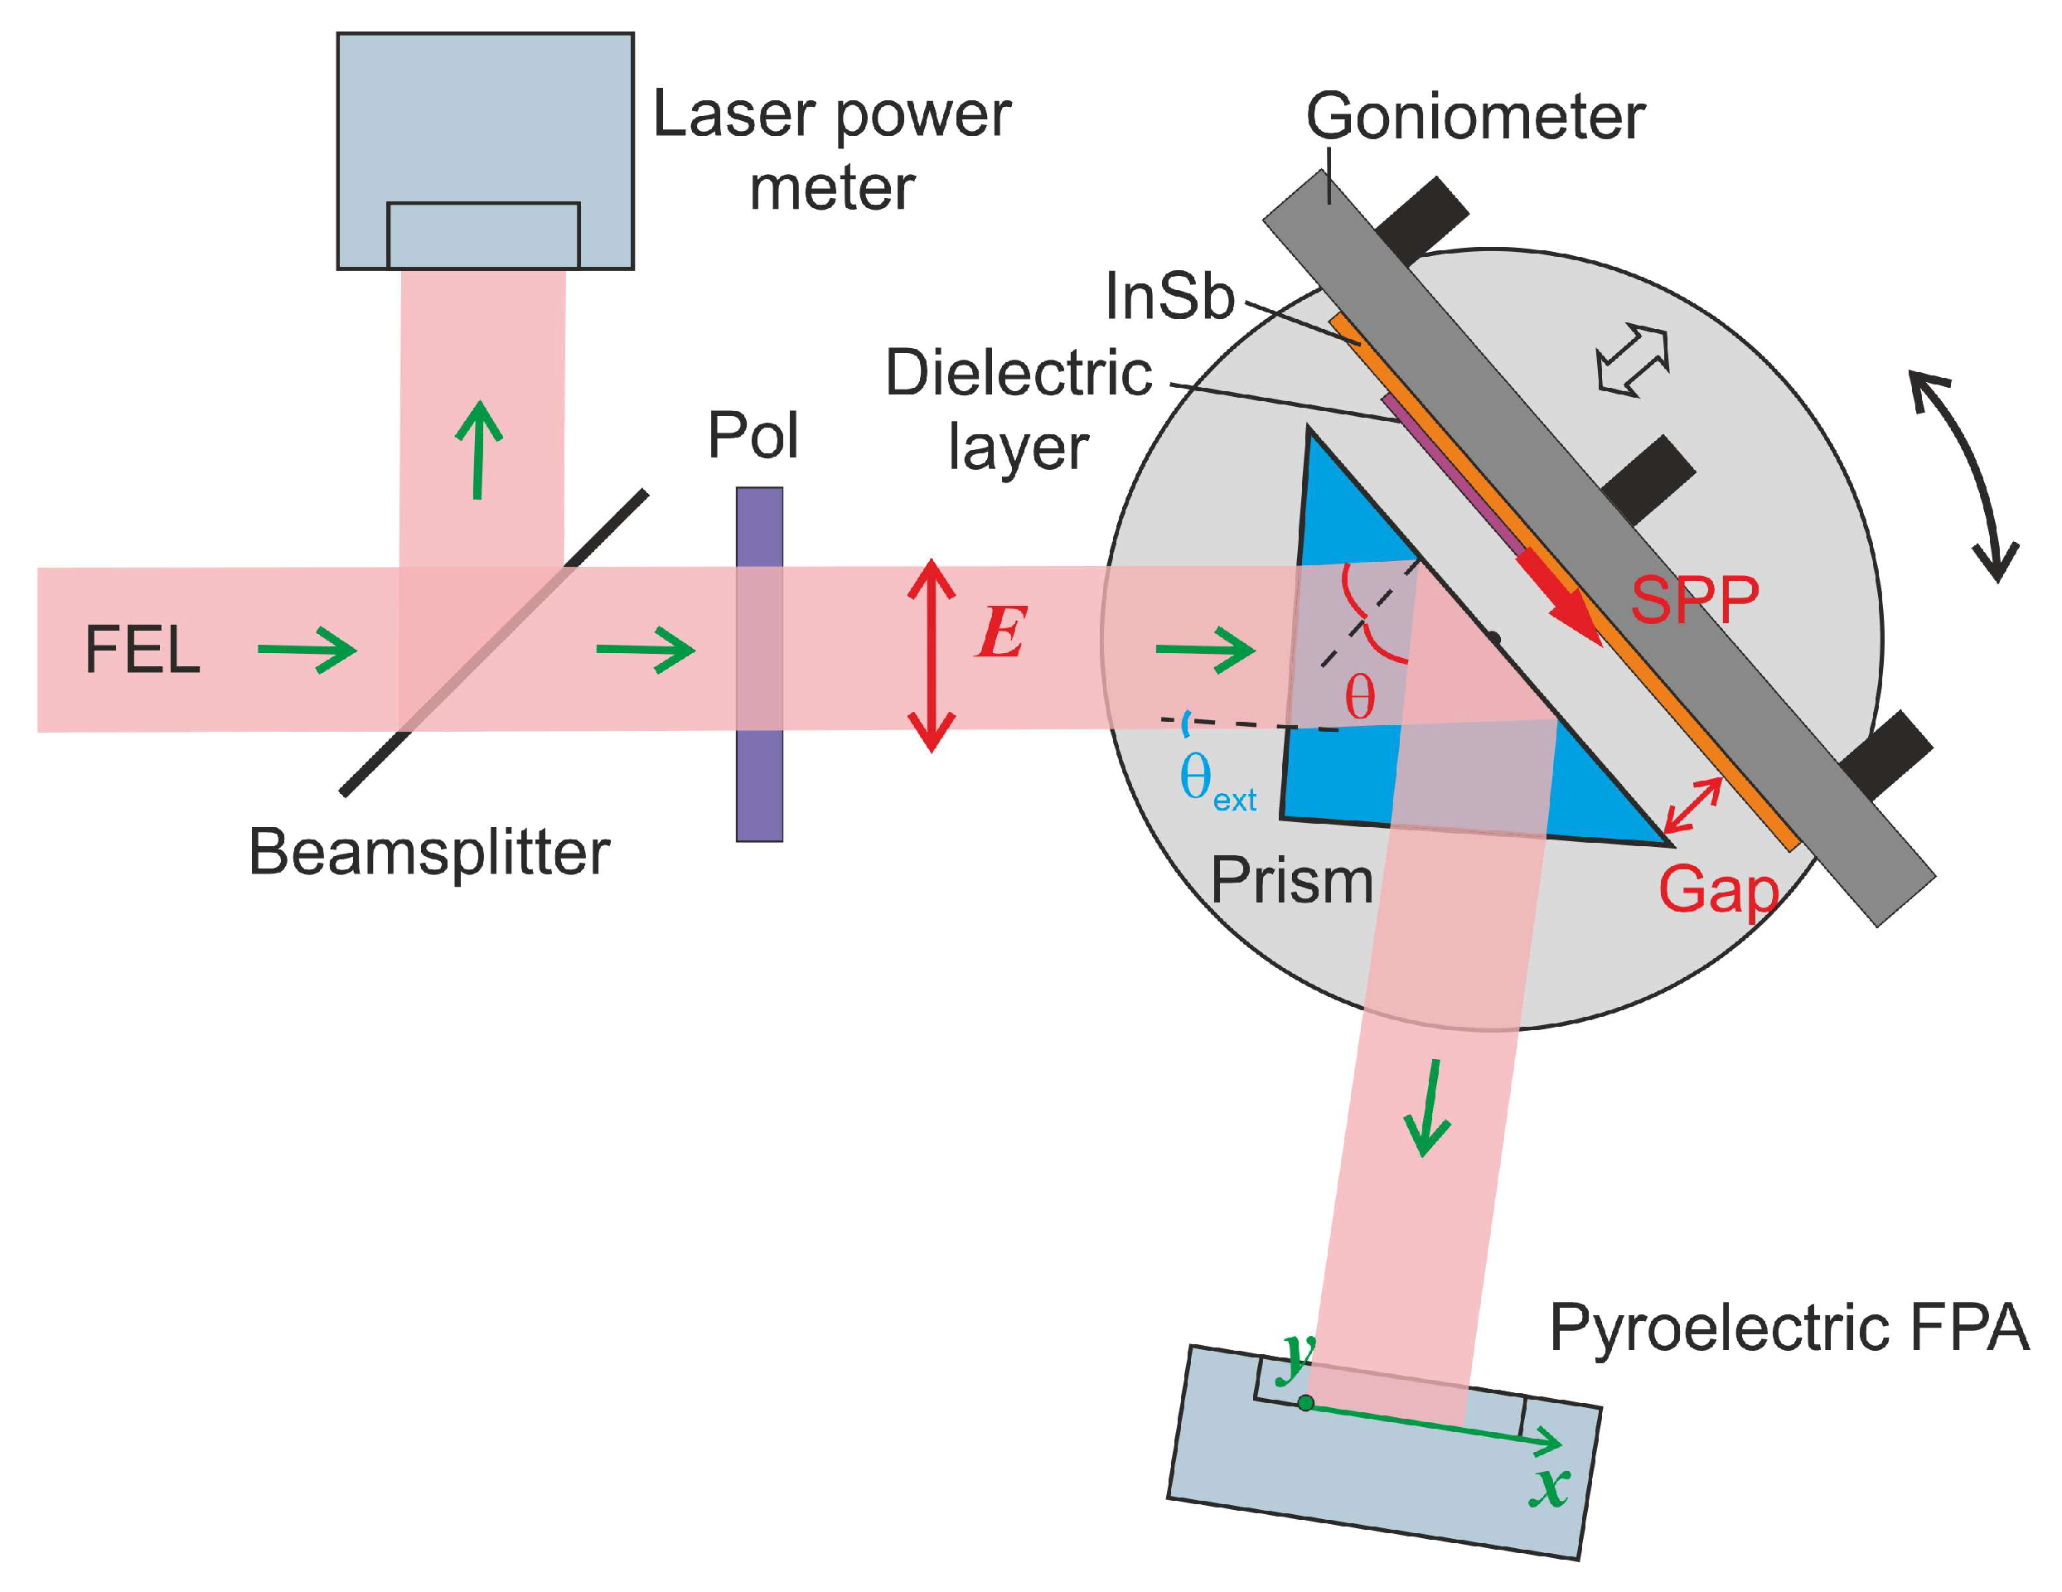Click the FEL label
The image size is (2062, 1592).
pyautogui.click(x=143, y=651)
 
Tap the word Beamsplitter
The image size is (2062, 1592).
pyautogui.click(x=428, y=853)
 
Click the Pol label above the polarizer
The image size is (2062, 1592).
pyautogui.click(x=753, y=435)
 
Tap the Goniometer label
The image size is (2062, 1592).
pyautogui.click(x=1474, y=117)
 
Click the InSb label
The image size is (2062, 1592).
pyautogui.click(x=1169, y=296)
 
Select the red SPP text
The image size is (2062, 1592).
pyautogui.click(x=1695, y=600)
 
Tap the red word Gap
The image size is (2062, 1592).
pyautogui.click(x=1717, y=889)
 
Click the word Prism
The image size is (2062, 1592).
pyautogui.click(x=1290, y=881)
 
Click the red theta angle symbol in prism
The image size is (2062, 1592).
pyautogui.click(x=1359, y=698)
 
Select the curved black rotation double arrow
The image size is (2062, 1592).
pyautogui.click(x=1964, y=477)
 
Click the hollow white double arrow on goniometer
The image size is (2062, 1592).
pyautogui.click(x=1633, y=360)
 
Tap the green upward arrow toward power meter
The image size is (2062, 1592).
pyautogui.click(x=480, y=449)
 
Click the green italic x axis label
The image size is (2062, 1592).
pyautogui.click(x=1549, y=1488)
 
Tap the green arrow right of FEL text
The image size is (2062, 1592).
pyautogui.click(x=307, y=650)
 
